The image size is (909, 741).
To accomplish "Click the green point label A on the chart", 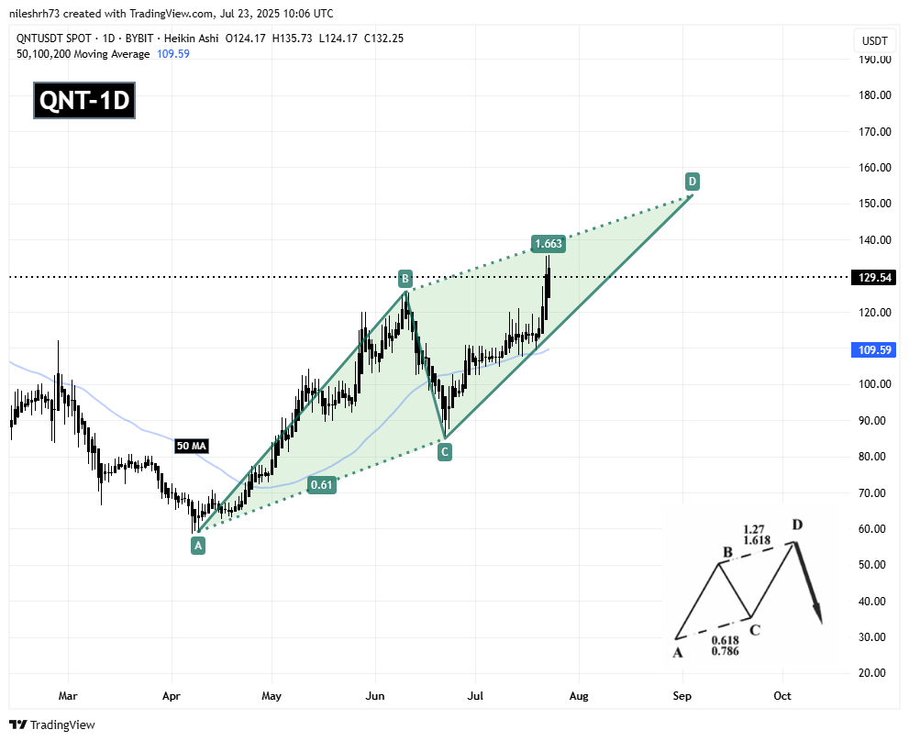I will (x=198, y=546).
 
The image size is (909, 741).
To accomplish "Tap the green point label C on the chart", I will (x=444, y=451).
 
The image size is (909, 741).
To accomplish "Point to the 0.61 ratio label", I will (x=321, y=486).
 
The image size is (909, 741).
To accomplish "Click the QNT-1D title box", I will (x=84, y=101).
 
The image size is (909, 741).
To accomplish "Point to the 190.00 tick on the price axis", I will (x=874, y=60).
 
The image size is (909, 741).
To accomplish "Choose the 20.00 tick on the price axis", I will (x=874, y=673).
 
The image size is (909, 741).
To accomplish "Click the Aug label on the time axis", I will (x=578, y=696).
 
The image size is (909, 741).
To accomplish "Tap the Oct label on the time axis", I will (x=782, y=696).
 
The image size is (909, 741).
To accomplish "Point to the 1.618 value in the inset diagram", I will (x=757, y=542).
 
